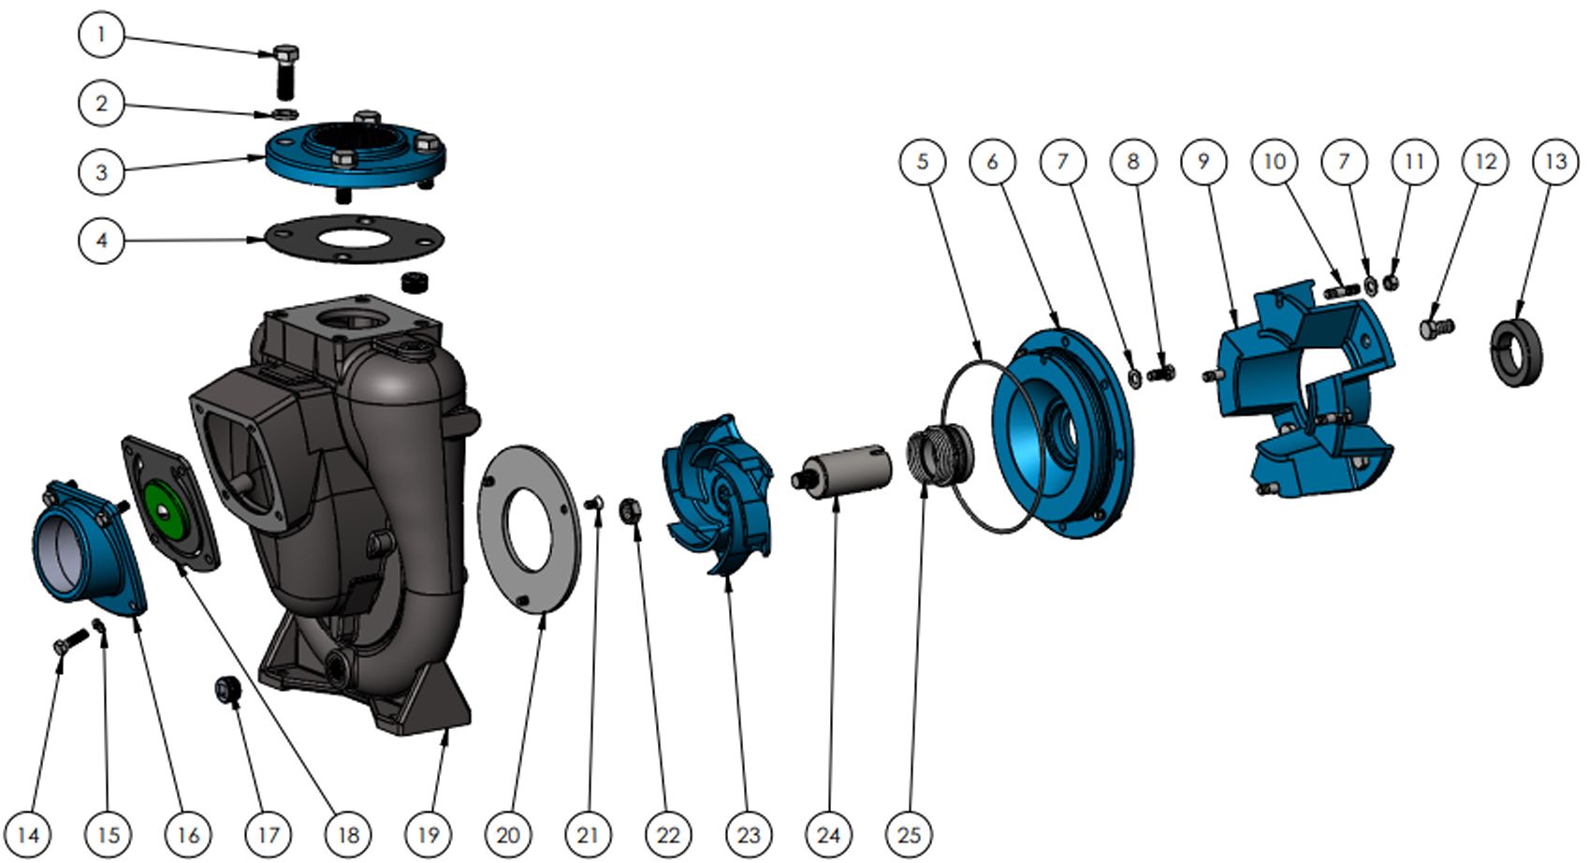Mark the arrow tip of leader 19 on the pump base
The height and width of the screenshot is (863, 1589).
(x=447, y=728)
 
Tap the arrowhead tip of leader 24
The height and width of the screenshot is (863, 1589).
(x=837, y=498)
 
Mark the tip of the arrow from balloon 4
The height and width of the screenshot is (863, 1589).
(x=265, y=240)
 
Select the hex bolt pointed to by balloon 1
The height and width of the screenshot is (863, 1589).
(x=285, y=72)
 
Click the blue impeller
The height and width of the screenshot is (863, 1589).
(x=717, y=494)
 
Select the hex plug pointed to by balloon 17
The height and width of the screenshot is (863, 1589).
(x=227, y=692)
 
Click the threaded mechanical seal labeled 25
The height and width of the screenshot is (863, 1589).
(x=940, y=454)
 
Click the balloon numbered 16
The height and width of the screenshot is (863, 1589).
(x=188, y=835)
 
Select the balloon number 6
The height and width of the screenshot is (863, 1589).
(x=992, y=162)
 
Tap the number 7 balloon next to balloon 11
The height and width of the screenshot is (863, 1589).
(x=1344, y=162)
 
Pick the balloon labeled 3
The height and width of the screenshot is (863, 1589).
(x=101, y=171)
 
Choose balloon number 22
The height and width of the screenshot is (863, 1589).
(x=668, y=835)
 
